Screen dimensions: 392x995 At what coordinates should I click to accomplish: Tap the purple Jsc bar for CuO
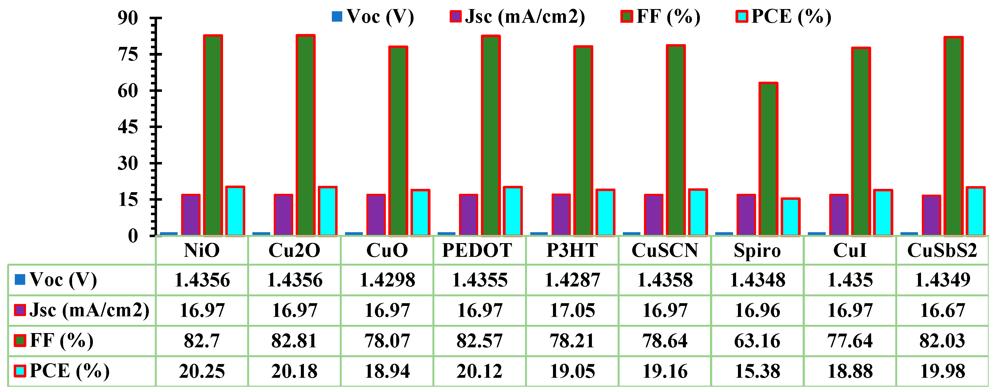point(376,215)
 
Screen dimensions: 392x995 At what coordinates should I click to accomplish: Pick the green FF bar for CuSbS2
point(953,136)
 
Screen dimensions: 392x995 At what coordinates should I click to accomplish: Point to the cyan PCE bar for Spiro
point(791,217)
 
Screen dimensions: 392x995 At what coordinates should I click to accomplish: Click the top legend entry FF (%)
point(660,17)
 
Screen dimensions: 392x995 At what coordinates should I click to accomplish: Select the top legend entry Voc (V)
point(373,17)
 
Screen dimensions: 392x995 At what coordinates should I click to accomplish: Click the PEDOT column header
point(477,250)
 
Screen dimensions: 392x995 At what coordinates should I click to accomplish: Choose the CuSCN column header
point(665,250)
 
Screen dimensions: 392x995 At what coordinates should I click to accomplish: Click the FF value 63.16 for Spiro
point(757,341)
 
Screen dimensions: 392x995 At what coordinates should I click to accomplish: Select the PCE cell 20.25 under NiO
point(202,371)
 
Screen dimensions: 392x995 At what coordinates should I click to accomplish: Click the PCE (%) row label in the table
point(62,371)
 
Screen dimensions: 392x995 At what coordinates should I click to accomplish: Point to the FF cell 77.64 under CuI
point(850,341)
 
